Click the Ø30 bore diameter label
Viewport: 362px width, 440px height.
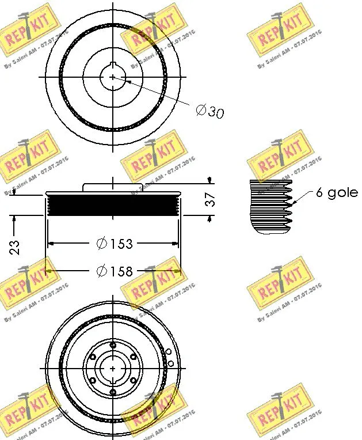click(x=209, y=111)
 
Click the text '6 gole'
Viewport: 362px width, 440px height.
click(x=337, y=192)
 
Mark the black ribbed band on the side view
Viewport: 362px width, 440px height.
click(x=113, y=206)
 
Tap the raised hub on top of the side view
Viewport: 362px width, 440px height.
click(x=113, y=187)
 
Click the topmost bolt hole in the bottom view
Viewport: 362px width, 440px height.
click(x=114, y=344)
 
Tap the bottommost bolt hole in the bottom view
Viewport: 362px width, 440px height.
click(x=114, y=389)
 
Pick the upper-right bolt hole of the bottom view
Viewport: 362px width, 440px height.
click(x=134, y=356)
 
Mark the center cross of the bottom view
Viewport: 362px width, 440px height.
click(x=114, y=367)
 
